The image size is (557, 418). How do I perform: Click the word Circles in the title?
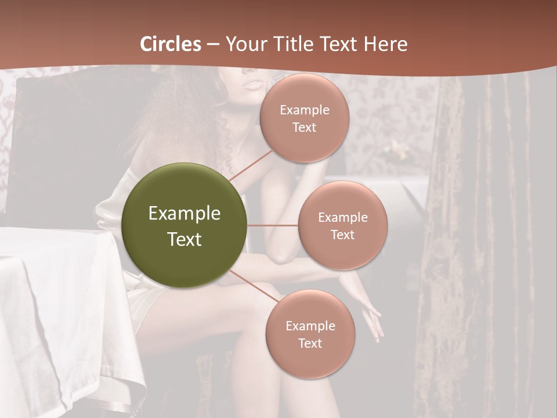coord(171,44)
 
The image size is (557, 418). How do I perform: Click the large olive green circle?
coord(185,225)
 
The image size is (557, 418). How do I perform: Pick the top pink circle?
coord(305,118)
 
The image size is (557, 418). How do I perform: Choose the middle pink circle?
coord(343,225)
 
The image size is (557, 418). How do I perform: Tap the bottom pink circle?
coord(310,334)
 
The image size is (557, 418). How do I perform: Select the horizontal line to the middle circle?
coord(273,225)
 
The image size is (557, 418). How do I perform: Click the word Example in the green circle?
coord(185,214)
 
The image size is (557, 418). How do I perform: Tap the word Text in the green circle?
coord(185,239)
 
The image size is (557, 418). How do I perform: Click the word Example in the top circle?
coord(305,110)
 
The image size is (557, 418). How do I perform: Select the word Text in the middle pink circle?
coord(343,235)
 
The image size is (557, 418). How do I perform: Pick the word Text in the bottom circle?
coord(310,343)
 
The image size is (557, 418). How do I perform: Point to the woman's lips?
coord(253,84)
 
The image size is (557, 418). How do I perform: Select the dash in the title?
coord(213,45)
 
